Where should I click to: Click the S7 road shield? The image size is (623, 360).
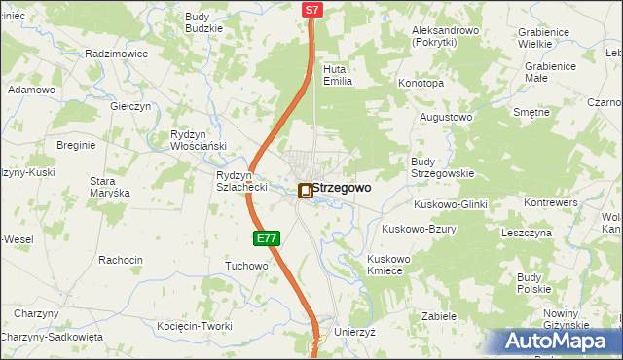311,10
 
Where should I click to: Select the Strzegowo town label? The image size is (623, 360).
341,188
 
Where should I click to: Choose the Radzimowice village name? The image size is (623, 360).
117,54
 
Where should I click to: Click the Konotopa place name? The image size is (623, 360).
421,84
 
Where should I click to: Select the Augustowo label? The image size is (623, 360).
445,117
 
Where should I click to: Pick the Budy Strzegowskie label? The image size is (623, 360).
442,167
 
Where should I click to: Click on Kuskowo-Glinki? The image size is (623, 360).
450,204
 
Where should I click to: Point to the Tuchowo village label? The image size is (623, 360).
246,266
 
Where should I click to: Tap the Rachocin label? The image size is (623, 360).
121,260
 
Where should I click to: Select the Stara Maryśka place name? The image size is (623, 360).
110,187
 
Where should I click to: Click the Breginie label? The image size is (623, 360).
76,145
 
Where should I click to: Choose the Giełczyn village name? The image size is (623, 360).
130,106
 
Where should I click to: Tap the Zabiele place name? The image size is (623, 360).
439,316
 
